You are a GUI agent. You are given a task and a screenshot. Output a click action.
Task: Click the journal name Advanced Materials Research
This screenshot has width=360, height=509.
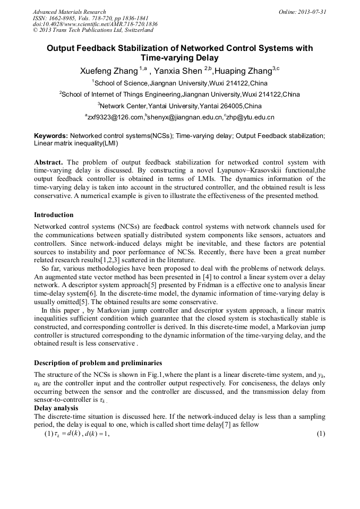[x=69, y=12]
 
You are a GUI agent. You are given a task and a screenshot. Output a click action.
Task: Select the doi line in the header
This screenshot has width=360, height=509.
[x=95, y=24]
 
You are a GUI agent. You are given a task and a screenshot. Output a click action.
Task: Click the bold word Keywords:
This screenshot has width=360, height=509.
[x=51, y=136]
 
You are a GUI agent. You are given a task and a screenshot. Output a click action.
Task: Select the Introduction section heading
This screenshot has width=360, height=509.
[x=54, y=215]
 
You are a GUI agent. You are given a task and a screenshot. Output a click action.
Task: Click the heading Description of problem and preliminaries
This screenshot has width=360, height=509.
[x=98, y=363]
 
